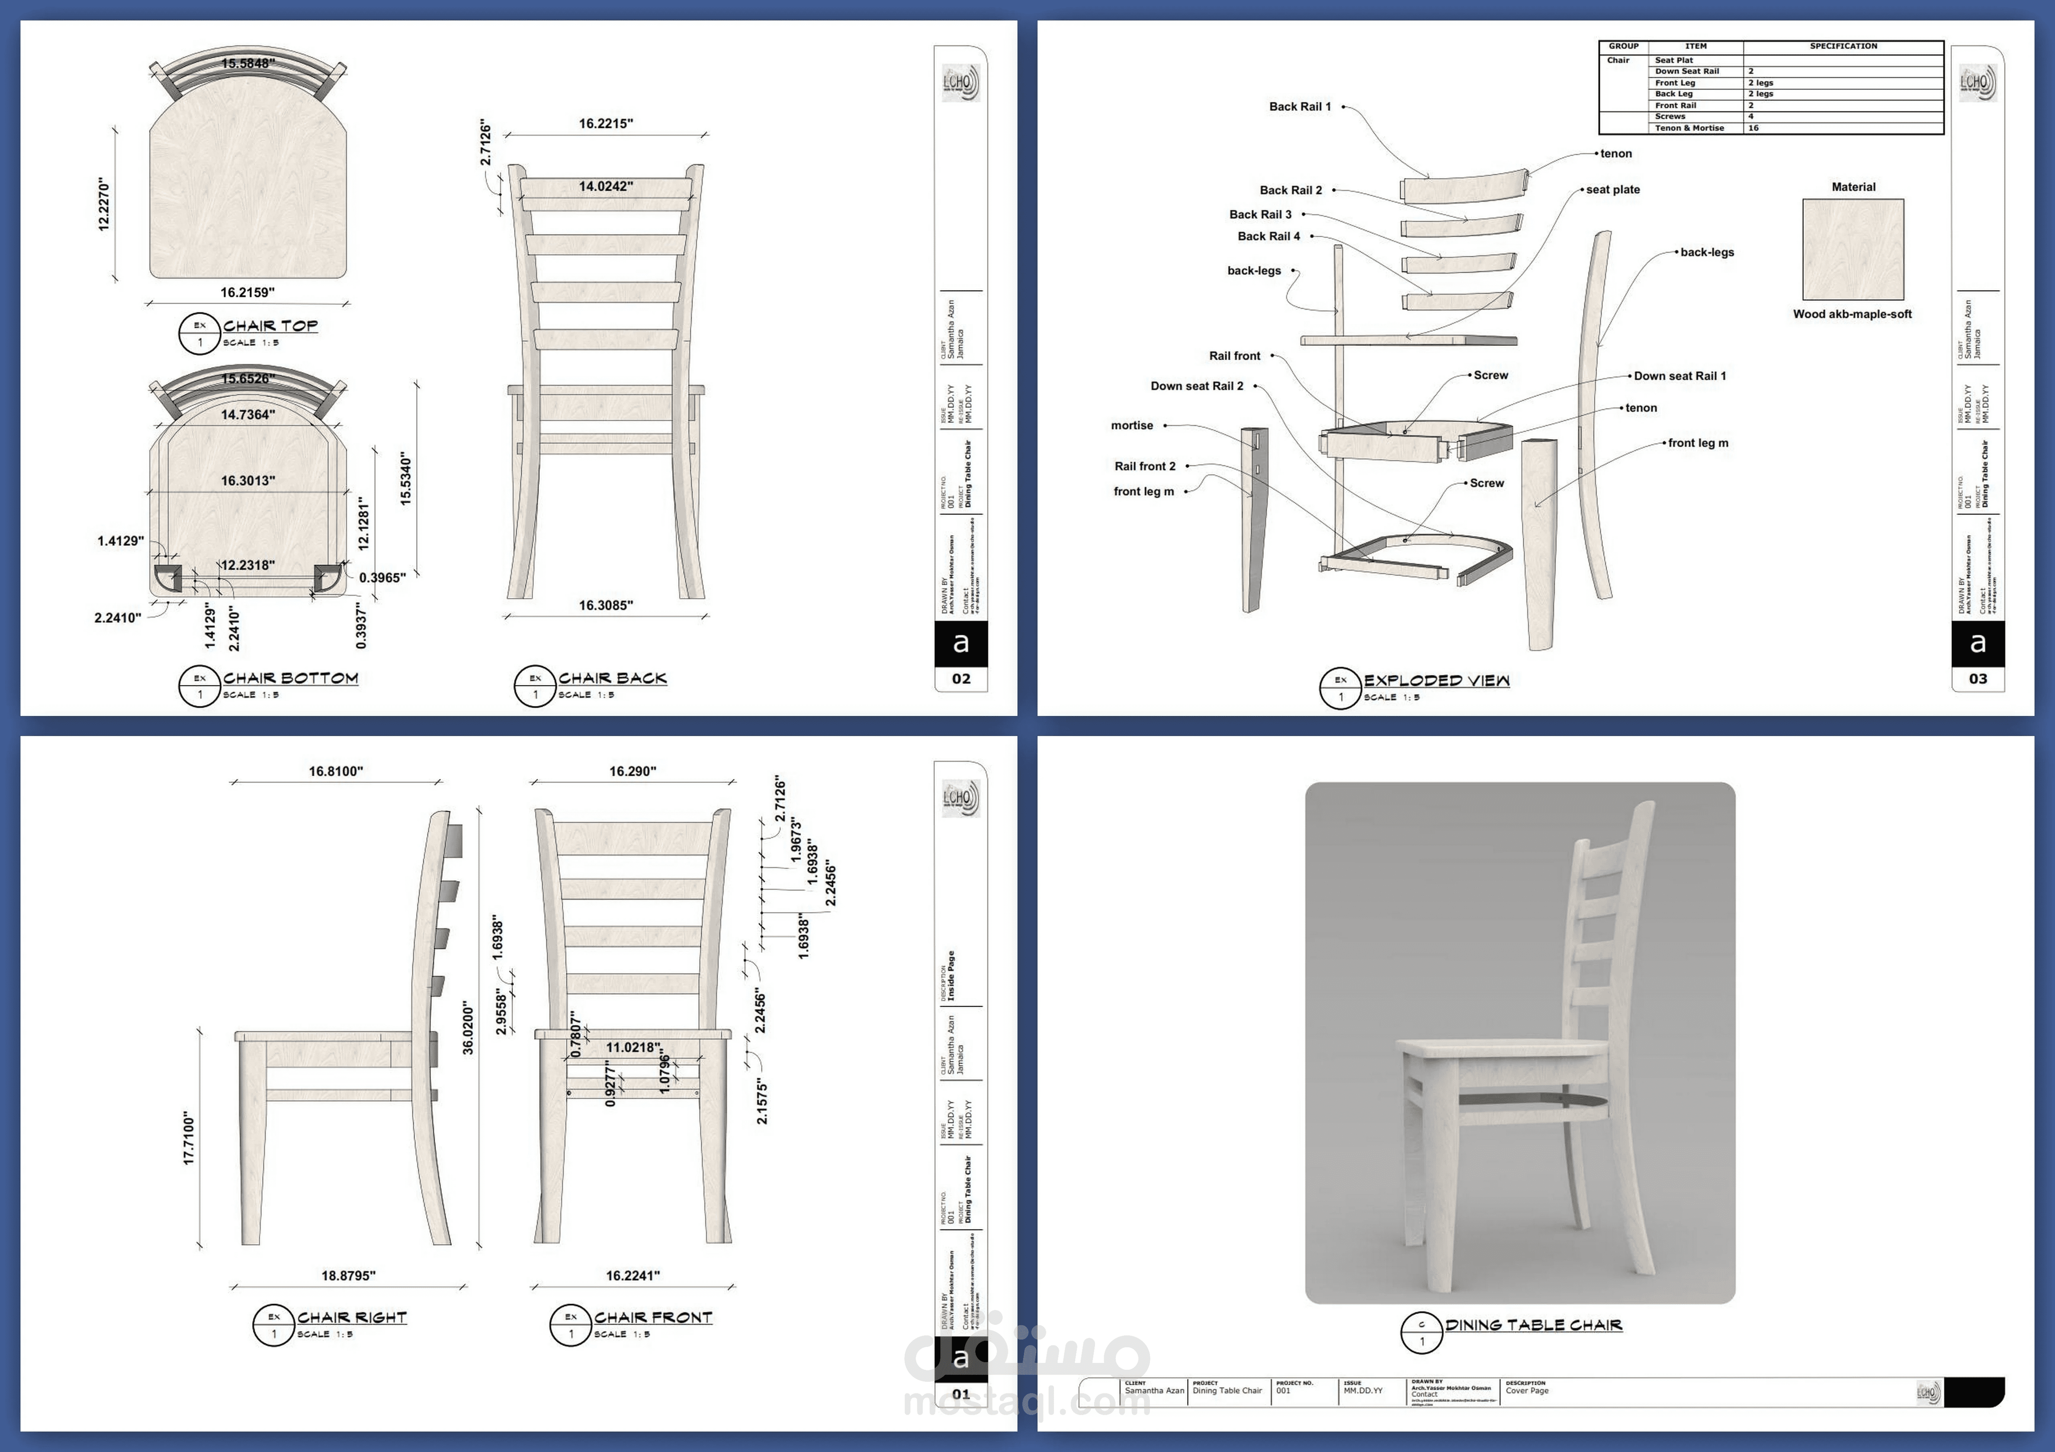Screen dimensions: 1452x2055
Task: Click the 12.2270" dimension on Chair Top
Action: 104,205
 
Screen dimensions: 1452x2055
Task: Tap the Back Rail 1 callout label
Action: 1300,106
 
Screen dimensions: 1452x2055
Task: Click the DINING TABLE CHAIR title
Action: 1533,1325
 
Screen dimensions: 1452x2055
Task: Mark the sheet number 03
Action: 1977,679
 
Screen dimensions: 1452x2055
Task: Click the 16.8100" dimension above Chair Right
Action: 336,771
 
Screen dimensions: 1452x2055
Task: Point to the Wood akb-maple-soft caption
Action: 1852,314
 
